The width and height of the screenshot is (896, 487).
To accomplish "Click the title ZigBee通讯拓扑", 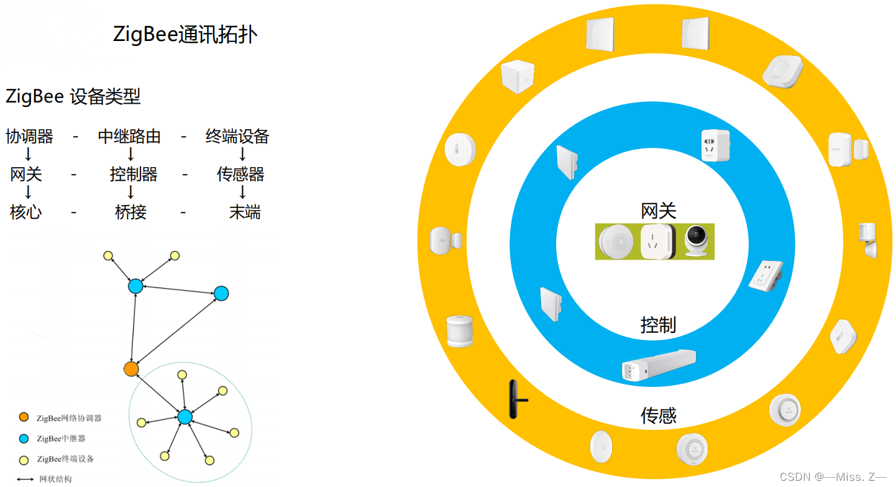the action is click(x=185, y=35).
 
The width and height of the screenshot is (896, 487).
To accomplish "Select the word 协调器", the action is click(x=30, y=137).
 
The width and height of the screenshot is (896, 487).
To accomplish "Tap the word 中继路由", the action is click(x=129, y=137).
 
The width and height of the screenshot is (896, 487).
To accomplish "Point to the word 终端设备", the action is click(x=237, y=137).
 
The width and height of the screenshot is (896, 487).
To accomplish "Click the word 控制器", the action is click(x=134, y=175).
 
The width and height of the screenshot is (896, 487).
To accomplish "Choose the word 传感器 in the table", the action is click(x=240, y=175).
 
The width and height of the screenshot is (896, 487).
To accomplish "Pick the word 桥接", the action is click(x=130, y=212).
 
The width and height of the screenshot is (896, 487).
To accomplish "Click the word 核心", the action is click(x=26, y=212).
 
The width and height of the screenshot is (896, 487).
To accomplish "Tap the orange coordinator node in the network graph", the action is click(x=130, y=369).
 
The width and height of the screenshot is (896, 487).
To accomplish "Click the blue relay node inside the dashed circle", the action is click(x=185, y=417).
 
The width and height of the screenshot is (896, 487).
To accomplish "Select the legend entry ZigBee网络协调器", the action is click(x=68, y=418).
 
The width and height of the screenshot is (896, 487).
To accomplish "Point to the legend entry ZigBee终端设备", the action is click(x=65, y=459).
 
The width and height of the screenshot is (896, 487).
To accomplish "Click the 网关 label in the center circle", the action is click(x=658, y=211).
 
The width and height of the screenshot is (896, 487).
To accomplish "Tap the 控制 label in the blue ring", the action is click(x=658, y=324).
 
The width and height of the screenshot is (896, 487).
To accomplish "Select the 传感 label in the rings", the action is click(x=658, y=415).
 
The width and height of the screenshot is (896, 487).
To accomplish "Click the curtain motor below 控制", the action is click(x=659, y=366).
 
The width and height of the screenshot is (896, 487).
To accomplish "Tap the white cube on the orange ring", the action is click(x=518, y=77).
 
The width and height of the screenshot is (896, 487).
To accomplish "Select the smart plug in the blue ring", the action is click(x=716, y=145).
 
